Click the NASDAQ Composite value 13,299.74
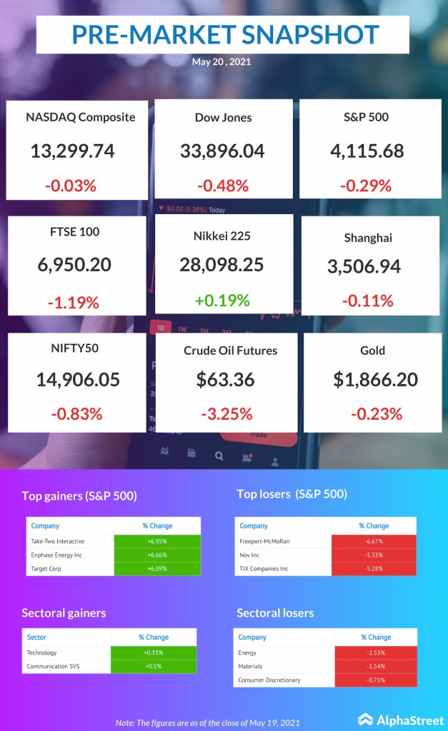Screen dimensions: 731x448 pyautogui.click(x=73, y=151)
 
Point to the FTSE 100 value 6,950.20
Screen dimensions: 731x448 pyautogui.click(x=74, y=264)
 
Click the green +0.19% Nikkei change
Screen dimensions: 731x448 pyautogui.click(x=223, y=300)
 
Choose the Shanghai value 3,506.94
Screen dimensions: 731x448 pyautogui.click(x=364, y=266)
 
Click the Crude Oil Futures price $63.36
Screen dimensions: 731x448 pyautogui.click(x=226, y=379)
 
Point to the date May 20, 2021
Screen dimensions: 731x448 pyautogui.click(x=221, y=61)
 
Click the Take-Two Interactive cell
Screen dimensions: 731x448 pyautogui.click(x=69, y=541)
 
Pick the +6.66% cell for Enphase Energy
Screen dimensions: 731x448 pyautogui.click(x=157, y=555)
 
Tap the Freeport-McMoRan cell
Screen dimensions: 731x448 pyautogui.click(x=274, y=541)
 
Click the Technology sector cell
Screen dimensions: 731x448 pyautogui.click(x=66, y=652)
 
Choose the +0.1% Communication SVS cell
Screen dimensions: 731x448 pyautogui.click(x=153, y=667)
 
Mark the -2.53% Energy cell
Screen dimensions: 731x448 pyautogui.click(x=375, y=652)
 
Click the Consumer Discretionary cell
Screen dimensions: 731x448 pyautogui.click(x=284, y=680)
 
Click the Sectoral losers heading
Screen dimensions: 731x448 pyautogui.click(x=275, y=612)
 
